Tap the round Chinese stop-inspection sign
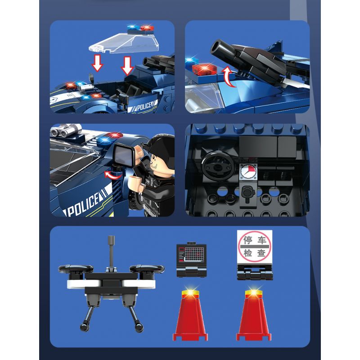(x=254, y=247)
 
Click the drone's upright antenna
(x=112, y=252)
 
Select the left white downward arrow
(x=97, y=63)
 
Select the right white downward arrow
(x=127, y=66)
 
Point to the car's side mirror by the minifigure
(x=125, y=154)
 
